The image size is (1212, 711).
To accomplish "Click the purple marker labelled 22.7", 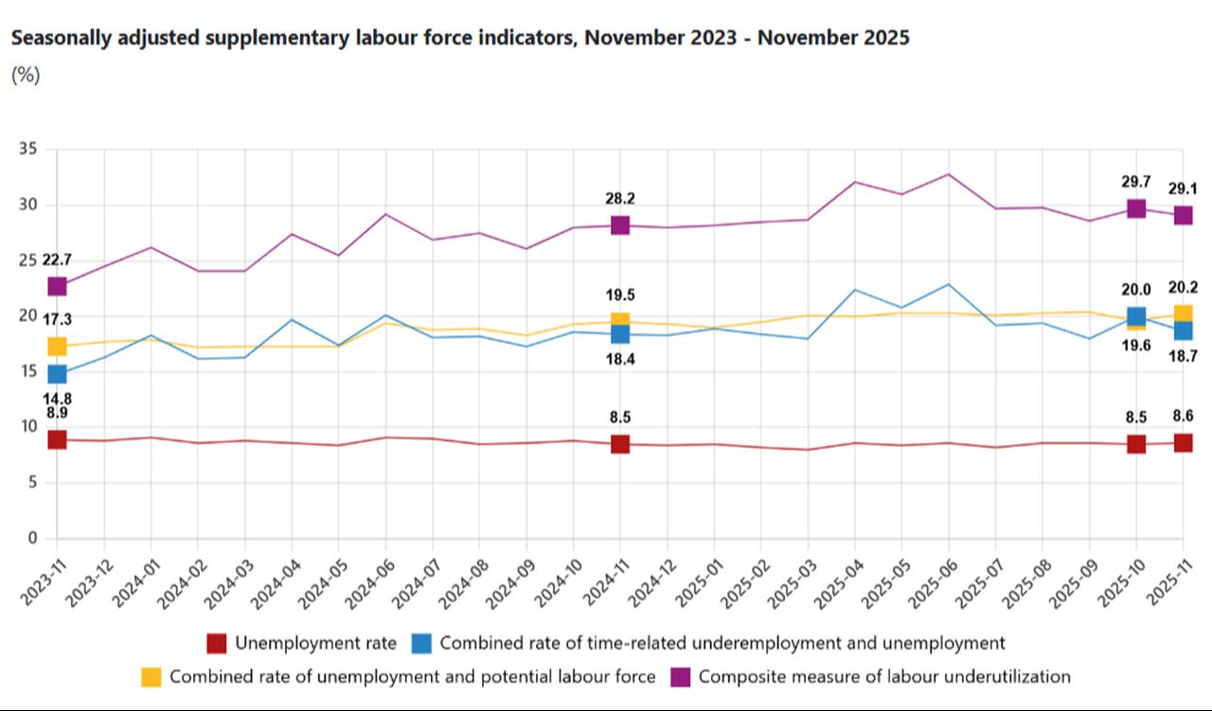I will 57,286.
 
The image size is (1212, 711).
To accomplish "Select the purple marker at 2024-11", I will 620,225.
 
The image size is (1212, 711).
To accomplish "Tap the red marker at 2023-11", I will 57,439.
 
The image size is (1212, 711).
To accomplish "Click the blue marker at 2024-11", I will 620,334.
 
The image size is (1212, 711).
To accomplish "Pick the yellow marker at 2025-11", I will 1183,314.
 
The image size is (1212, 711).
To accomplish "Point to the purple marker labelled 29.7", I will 1136,208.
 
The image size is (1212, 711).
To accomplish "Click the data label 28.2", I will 620,199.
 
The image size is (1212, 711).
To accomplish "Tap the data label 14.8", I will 57,399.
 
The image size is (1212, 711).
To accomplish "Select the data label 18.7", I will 1183,357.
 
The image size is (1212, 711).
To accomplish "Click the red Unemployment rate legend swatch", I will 217,644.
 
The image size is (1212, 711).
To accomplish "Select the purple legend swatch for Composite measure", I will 681,677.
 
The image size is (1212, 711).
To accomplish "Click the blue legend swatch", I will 422,644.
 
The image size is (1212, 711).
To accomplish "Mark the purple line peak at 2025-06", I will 949,174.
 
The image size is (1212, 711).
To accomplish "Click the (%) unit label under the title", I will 26,76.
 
